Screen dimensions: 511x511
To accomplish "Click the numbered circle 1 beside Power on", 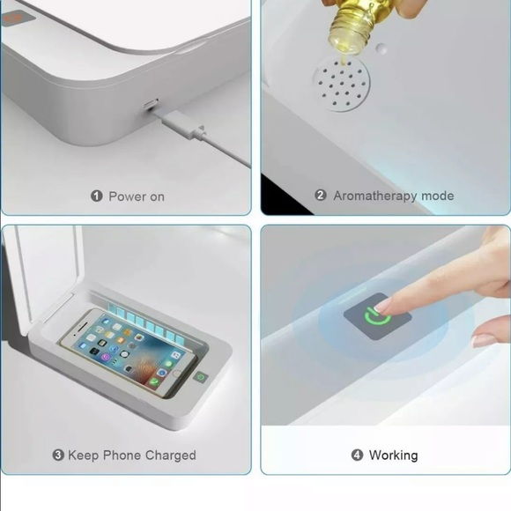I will [96, 196].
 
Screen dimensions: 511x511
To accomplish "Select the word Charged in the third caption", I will [167, 455].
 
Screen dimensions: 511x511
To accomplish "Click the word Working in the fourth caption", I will [393, 455].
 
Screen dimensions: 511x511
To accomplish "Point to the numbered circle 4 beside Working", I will [357, 455].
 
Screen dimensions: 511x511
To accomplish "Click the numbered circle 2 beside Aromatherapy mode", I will [321, 196].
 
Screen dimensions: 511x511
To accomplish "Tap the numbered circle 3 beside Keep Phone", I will [58, 455].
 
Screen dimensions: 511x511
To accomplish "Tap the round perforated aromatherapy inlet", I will [342, 84].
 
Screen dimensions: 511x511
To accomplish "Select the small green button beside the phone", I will [201, 377].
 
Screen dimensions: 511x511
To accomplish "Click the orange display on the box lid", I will [11, 17].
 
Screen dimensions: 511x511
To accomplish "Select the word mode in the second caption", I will [439, 196].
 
